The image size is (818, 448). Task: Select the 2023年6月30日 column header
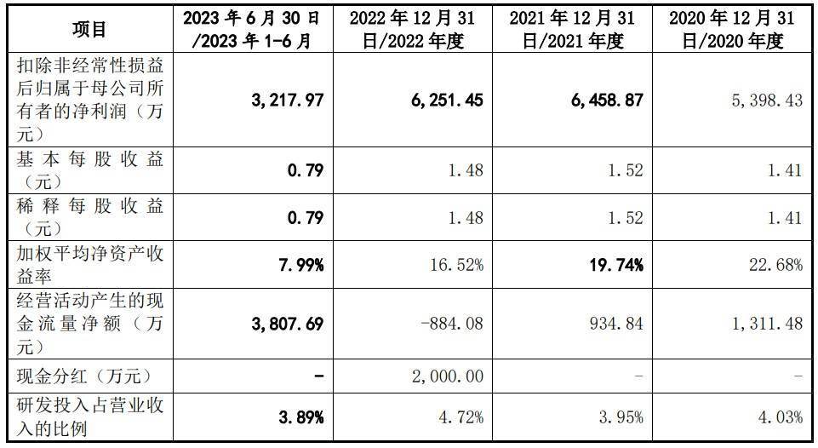pyautogui.click(x=252, y=30)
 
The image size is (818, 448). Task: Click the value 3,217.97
pyautogui.click(x=289, y=101)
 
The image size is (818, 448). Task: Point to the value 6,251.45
pyautogui.click(x=447, y=101)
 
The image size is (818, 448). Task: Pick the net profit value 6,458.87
pyautogui.click(x=606, y=101)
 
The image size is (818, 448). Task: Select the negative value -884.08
pyautogui.click(x=452, y=324)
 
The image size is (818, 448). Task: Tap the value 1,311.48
pyautogui.click(x=767, y=324)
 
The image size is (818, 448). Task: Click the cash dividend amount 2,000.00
pyautogui.click(x=446, y=375)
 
